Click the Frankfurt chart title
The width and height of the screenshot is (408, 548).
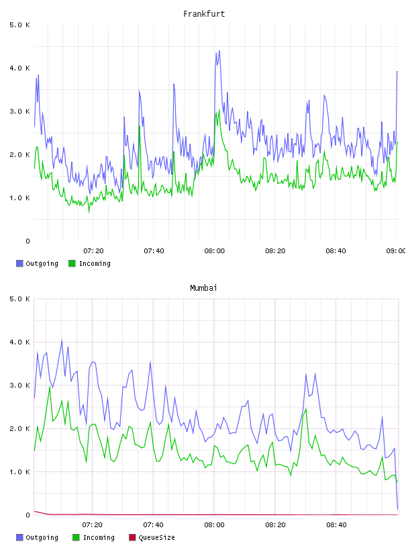204,14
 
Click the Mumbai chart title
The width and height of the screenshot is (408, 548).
203,288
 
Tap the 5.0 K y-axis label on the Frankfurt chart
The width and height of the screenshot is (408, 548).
19,25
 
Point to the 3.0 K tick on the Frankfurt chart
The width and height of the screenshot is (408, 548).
19,111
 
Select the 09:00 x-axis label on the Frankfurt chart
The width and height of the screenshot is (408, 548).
396,251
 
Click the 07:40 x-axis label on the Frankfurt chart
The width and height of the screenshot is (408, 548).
154,251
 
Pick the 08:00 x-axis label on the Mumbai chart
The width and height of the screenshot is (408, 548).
214,525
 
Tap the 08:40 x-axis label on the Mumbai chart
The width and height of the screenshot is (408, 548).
336,525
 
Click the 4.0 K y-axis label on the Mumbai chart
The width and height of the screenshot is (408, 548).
19,342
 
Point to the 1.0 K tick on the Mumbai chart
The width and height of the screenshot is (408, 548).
19,472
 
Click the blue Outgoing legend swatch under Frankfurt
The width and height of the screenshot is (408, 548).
19,263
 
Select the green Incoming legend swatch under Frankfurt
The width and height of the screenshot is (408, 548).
72,263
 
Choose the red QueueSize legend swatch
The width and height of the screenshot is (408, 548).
132,537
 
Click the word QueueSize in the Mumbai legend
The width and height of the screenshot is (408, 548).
156,537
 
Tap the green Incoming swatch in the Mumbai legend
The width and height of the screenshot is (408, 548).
76,537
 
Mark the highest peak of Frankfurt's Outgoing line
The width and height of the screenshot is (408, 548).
219,50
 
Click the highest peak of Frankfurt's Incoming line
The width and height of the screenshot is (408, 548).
219,109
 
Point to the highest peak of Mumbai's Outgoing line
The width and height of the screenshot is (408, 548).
62,340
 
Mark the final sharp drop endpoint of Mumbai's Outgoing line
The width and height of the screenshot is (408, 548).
397,509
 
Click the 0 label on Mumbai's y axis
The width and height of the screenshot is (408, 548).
28,515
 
